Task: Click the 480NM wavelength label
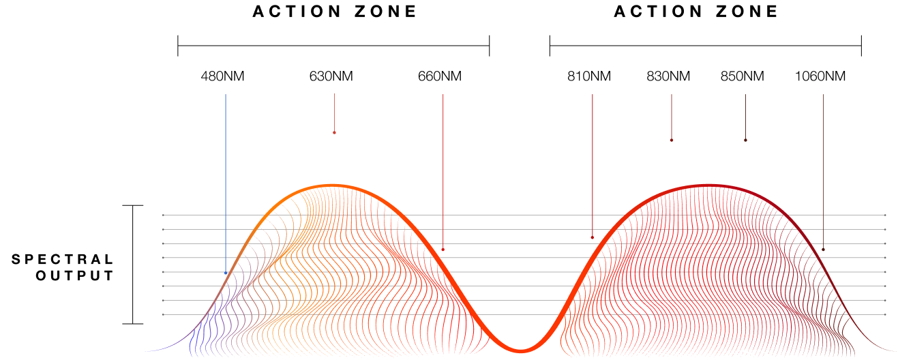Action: [x=222, y=76]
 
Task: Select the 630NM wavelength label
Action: [x=331, y=76]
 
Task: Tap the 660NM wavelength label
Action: [x=440, y=76]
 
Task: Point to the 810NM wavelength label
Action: [x=589, y=76]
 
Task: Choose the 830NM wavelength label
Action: [x=668, y=76]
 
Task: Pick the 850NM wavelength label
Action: [x=742, y=76]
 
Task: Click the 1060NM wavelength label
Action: [x=820, y=76]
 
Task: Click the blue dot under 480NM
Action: [x=226, y=273]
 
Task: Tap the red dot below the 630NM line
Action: [x=334, y=133]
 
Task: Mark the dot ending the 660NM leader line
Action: [x=443, y=250]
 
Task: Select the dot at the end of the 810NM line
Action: [x=592, y=238]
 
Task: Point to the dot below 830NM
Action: [x=672, y=140]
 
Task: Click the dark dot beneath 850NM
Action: [x=746, y=140]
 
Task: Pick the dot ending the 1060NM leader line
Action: [x=824, y=250]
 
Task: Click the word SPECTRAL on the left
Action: [x=63, y=259]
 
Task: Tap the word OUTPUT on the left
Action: [x=75, y=276]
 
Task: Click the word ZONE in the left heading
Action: [x=386, y=11]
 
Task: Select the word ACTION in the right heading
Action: [x=658, y=11]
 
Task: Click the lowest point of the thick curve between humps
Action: [x=520, y=350]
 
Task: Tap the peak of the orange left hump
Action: [x=333, y=185]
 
